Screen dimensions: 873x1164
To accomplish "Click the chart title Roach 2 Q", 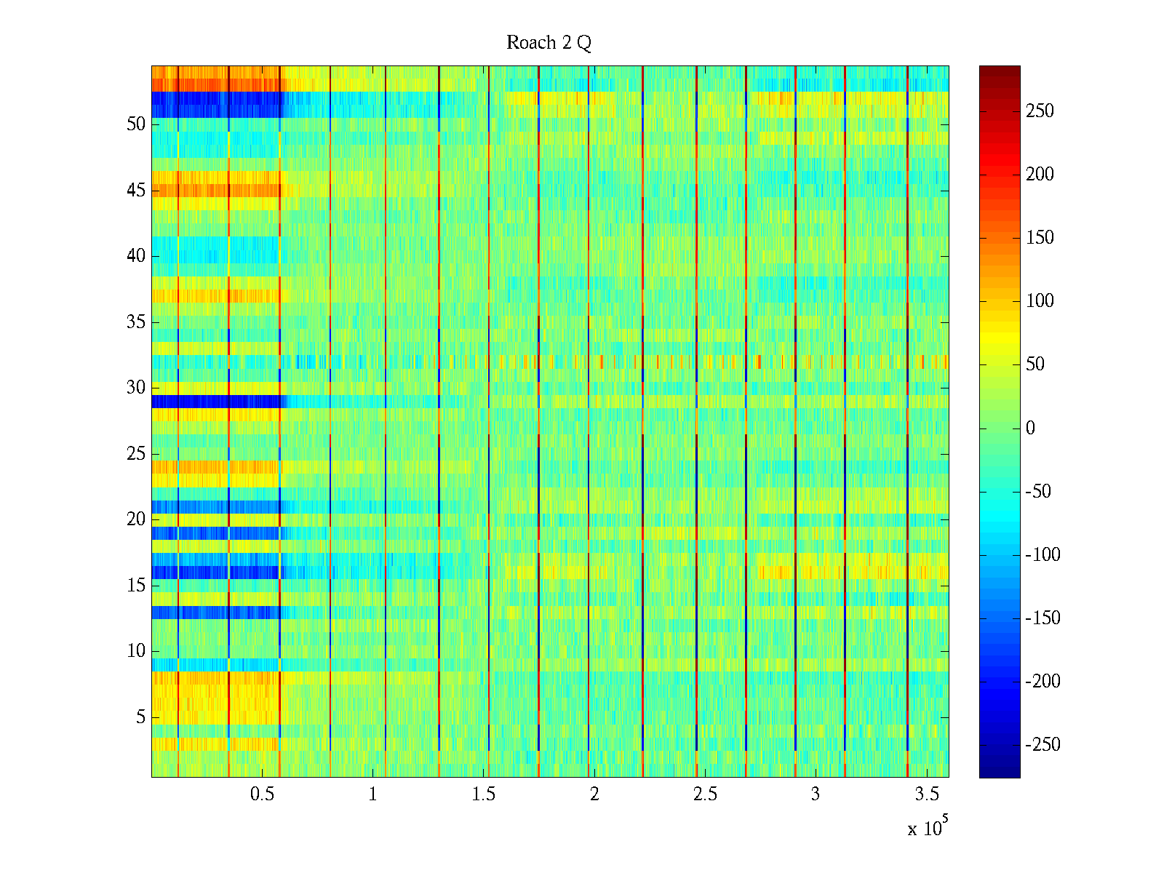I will [549, 43].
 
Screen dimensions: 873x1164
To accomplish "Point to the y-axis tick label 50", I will [136, 124].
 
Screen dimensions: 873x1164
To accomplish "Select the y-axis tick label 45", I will [136, 191].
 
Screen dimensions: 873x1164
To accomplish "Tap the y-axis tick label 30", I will [136, 388].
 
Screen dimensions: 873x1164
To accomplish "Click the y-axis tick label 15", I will [136, 586].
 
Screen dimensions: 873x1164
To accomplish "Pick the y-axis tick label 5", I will [140, 717].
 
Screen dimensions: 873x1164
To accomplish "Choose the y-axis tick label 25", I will [136, 454].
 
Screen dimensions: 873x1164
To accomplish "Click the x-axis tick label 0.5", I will [262, 794].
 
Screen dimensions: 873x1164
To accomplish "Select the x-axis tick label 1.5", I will [483, 794].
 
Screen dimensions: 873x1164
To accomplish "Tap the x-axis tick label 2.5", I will [705, 794].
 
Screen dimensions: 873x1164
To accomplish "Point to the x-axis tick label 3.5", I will [926, 794].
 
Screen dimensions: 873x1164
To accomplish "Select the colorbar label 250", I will [1040, 111].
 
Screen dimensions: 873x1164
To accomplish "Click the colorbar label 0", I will [1030, 428].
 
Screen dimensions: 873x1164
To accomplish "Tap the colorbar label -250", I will [1043, 745].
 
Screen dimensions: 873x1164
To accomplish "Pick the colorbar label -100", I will [1043, 555].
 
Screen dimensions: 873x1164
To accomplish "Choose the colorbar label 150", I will [1040, 238].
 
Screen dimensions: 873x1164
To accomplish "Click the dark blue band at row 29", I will [218, 402].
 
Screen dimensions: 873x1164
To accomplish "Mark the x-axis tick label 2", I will [594, 794].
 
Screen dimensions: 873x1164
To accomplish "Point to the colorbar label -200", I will [1043, 682].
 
